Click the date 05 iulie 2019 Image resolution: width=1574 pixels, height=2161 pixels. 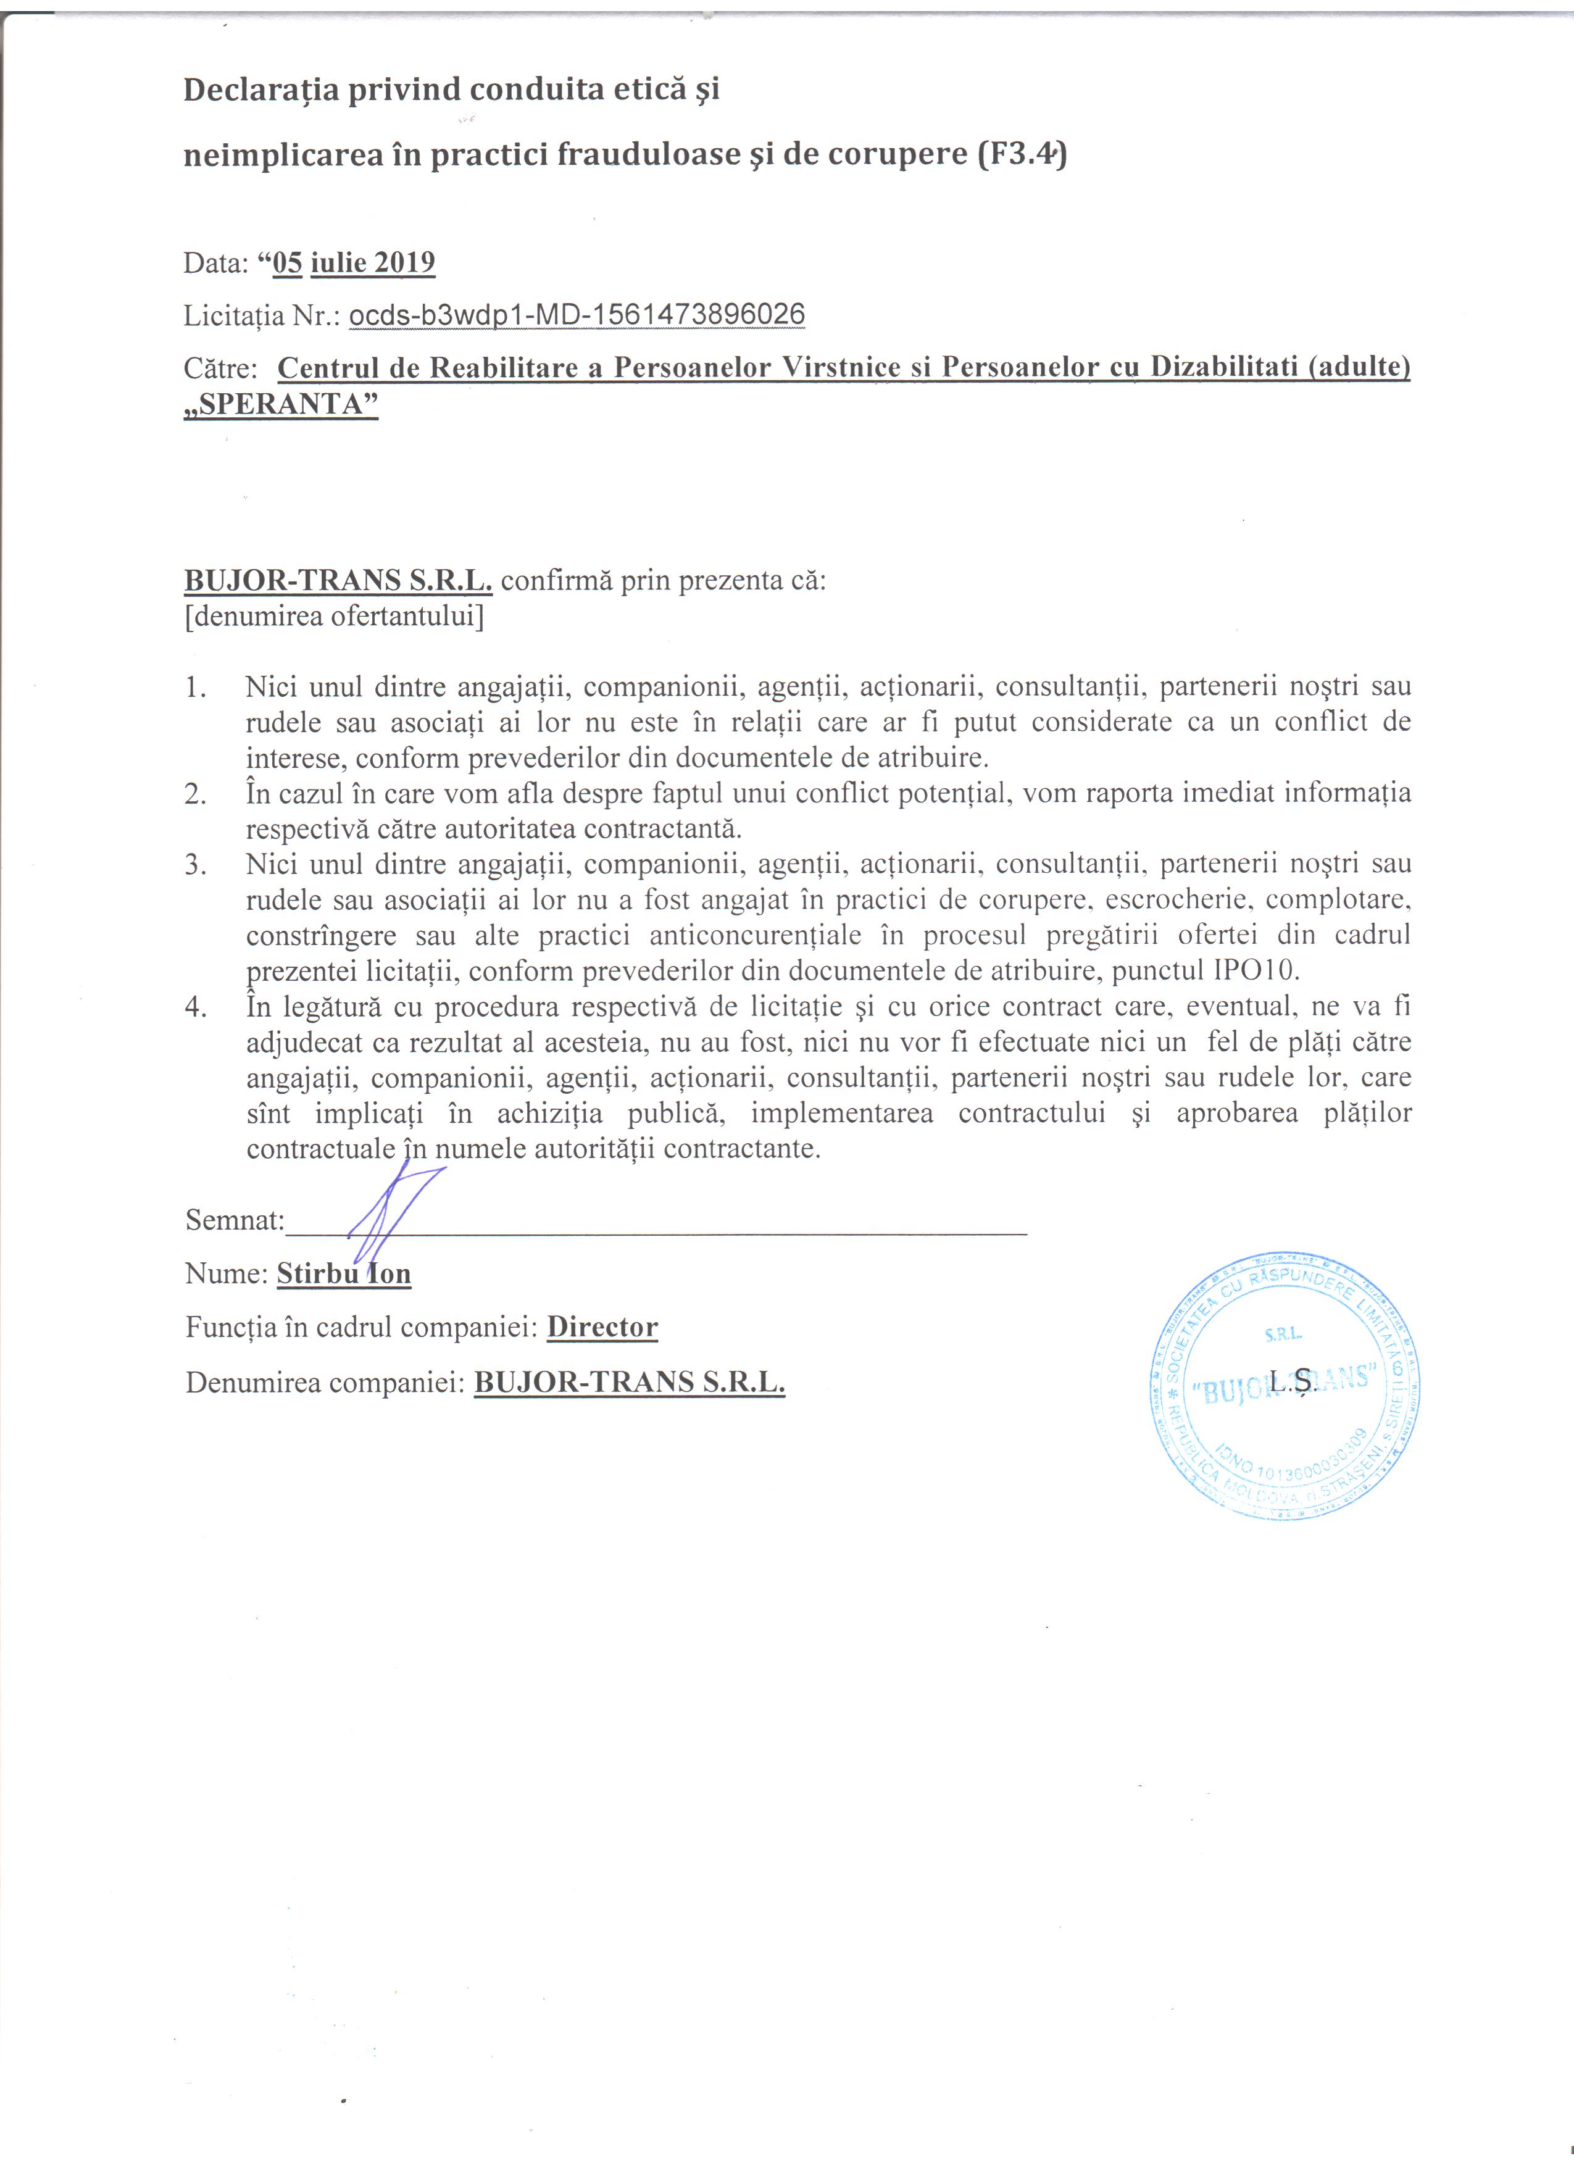coord(354,263)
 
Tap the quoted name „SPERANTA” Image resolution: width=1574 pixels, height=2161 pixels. coord(281,404)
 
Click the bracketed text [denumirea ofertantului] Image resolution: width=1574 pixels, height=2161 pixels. coord(335,617)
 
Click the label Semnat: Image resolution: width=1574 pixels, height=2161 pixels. coord(235,1220)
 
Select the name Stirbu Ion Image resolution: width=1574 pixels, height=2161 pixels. coord(344,1274)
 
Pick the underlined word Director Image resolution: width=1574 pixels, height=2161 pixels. coord(602,1327)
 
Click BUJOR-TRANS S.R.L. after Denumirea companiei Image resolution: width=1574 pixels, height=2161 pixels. coord(629,1381)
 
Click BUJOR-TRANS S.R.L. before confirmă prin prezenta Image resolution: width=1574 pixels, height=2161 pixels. coord(338,580)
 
